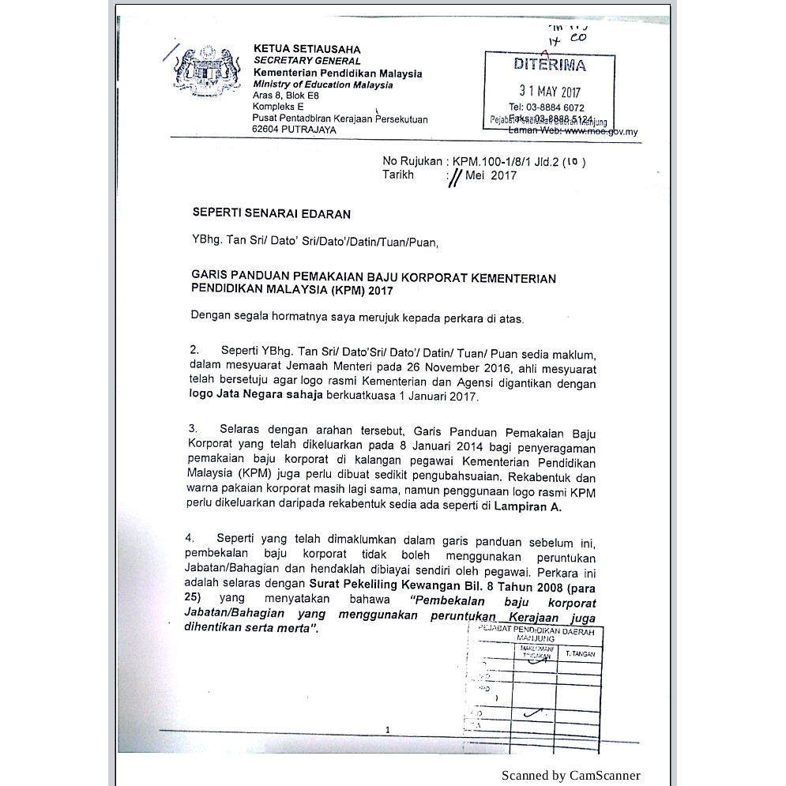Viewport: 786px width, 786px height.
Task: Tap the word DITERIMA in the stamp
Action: pyautogui.click(x=550, y=65)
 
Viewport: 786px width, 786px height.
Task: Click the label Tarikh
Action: pyautogui.click(x=398, y=175)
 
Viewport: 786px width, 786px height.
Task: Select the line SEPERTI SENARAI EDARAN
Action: pyautogui.click(x=271, y=213)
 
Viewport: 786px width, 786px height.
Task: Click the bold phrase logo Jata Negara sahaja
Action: pyautogui.click(x=256, y=396)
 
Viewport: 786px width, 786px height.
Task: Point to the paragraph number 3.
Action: pyautogui.click(x=194, y=428)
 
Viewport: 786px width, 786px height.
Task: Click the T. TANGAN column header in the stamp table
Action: pyautogui.click(x=580, y=654)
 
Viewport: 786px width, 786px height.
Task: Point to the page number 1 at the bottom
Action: pyautogui.click(x=387, y=729)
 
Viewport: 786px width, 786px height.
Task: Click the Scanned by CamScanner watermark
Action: pyautogui.click(x=570, y=775)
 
